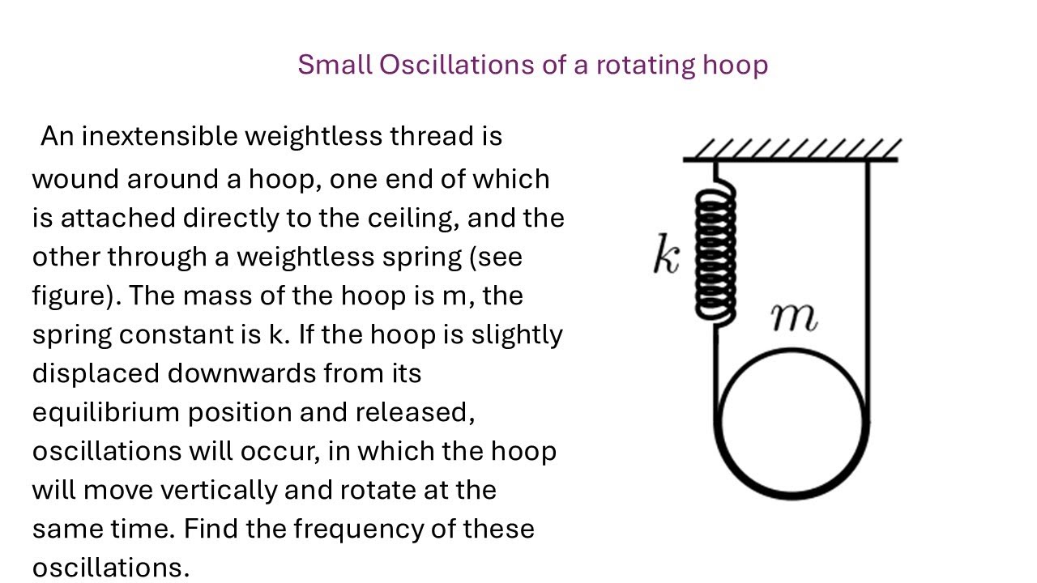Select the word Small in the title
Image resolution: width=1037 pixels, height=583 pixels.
(334, 65)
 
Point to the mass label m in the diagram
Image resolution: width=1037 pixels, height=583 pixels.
(793, 318)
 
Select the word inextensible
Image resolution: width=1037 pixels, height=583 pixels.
(160, 136)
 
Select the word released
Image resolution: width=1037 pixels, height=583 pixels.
(414, 413)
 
